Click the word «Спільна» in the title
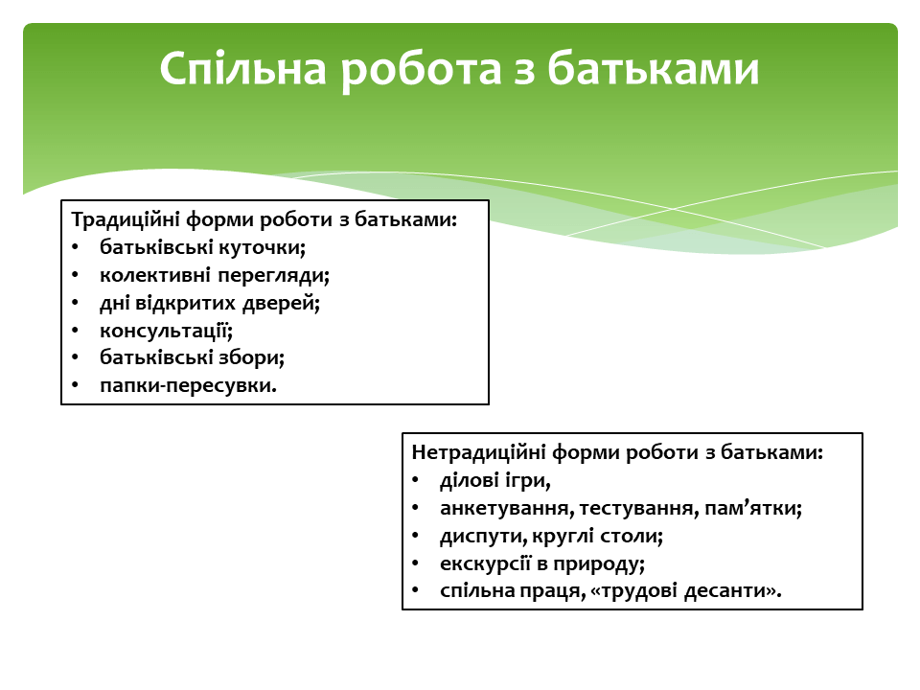pos(242,69)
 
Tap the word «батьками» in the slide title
pos(654,68)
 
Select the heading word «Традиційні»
pos(126,220)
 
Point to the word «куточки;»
pos(263,247)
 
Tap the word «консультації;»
pos(166,331)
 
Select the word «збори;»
pos(252,357)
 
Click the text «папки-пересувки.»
pos(188,385)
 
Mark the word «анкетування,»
pos(507,508)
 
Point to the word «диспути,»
pos(483,537)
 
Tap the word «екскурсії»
pos(485,563)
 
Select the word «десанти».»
pos(733,590)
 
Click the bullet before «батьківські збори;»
pos(75,357)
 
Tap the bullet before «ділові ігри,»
pos(415,480)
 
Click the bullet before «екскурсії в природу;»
pos(415,563)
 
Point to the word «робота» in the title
pos(421,70)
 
